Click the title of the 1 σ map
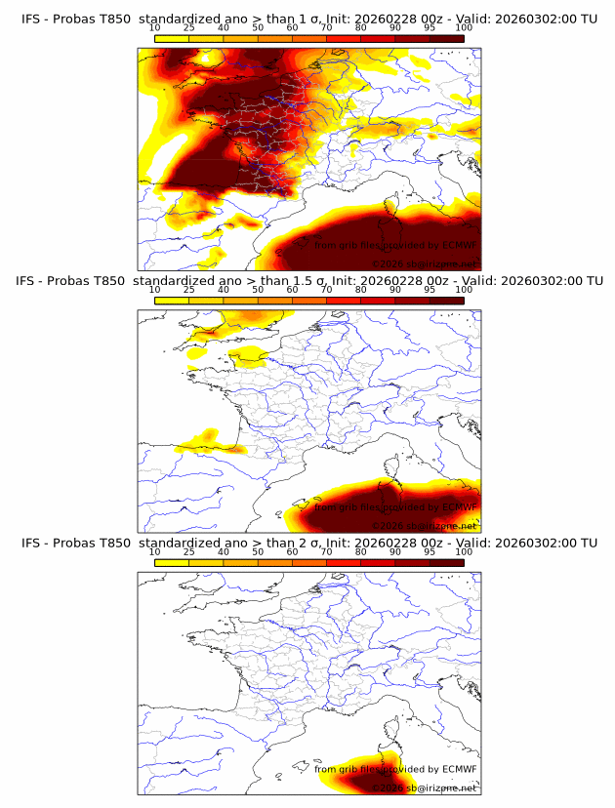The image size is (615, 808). coord(307,18)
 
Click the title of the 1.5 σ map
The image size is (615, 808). coord(307,281)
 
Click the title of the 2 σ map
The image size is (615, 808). coord(307,543)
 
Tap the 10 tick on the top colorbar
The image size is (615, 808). coord(154,27)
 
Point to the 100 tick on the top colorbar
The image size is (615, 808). coord(464,27)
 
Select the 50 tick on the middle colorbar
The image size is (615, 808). coord(258,290)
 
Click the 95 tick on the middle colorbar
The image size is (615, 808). coord(430,290)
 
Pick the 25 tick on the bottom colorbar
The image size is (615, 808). coord(188,552)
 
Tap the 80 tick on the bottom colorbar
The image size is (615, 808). coord(361,552)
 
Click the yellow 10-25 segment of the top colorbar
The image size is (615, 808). coord(172,38)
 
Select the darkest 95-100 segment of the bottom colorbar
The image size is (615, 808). coord(446,563)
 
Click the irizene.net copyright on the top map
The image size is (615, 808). coord(426,263)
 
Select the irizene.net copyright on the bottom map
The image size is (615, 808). coord(426,788)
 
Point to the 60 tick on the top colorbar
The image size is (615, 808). coord(292,27)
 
